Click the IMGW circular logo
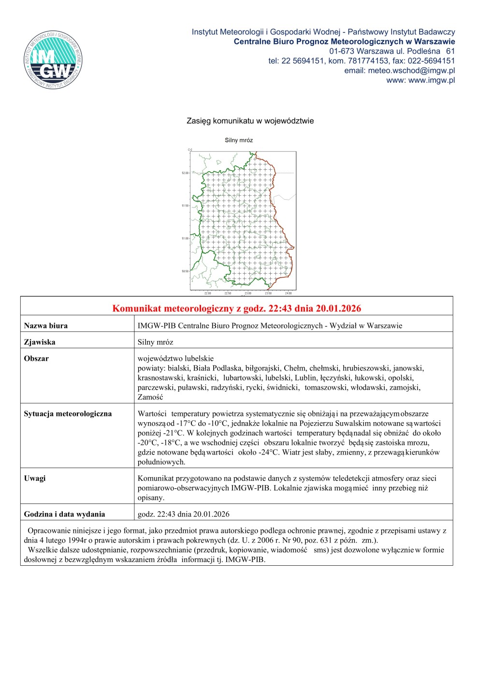click(53, 60)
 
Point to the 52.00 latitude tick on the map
click(185, 173)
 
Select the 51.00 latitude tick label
click(185, 238)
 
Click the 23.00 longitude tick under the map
click(248, 294)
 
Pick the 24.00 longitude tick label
click(288, 294)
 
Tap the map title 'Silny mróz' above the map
click(239, 140)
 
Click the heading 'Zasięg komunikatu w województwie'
click(250, 121)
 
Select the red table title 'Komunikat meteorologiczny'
click(236, 309)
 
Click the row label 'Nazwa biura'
click(46, 326)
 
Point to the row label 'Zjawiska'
click(40, 342)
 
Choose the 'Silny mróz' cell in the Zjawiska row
click(155, 342)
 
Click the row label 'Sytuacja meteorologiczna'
click(68, 414)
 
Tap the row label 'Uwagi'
click(35, 479)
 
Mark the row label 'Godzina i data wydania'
click(64, 515)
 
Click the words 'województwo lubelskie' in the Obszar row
click(175, 359)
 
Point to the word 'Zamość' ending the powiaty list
click(150, 397)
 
